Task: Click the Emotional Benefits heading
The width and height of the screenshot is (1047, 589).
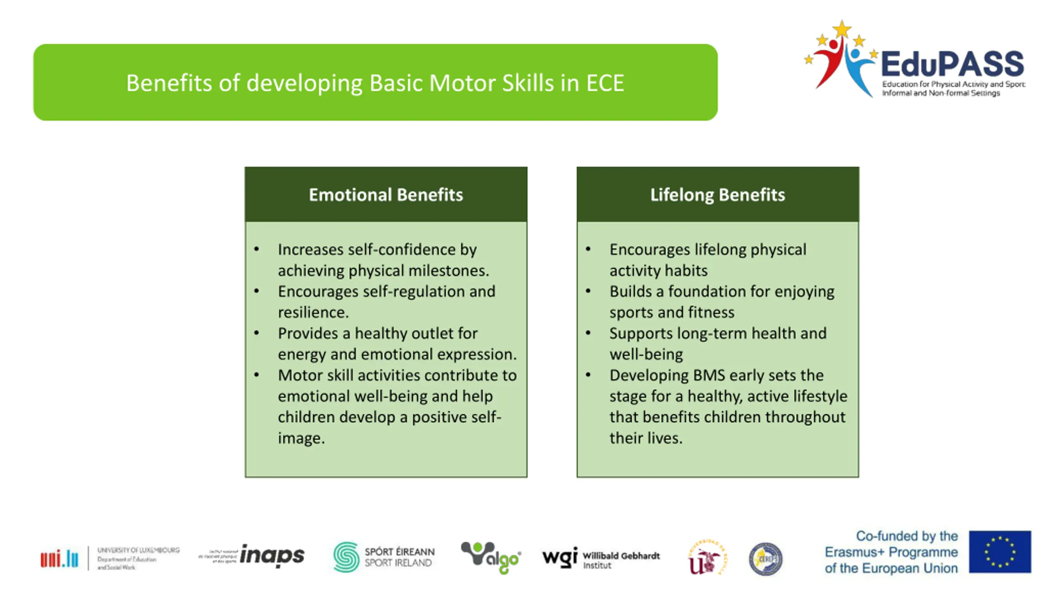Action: (386, 195)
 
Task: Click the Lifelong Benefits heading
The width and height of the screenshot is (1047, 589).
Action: (717, 195)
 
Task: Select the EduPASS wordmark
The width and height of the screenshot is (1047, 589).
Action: (952, 65)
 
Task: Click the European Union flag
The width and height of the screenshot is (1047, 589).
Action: (1000, 551)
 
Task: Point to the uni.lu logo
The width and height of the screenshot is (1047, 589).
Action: (59, 558)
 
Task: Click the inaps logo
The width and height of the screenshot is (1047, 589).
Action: (272, 555)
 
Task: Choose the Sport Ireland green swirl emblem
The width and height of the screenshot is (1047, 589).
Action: (346, 557)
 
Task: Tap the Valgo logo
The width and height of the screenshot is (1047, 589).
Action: (490, 557)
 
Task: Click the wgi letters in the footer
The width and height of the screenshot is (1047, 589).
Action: (559, 557)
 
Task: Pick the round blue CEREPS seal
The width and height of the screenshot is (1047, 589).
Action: (766, 559)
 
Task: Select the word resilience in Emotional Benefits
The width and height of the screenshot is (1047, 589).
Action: (313, 312)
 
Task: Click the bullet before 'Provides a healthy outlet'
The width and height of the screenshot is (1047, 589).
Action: (256, 333)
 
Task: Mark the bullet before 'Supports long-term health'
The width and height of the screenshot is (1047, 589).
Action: (588, 333)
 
